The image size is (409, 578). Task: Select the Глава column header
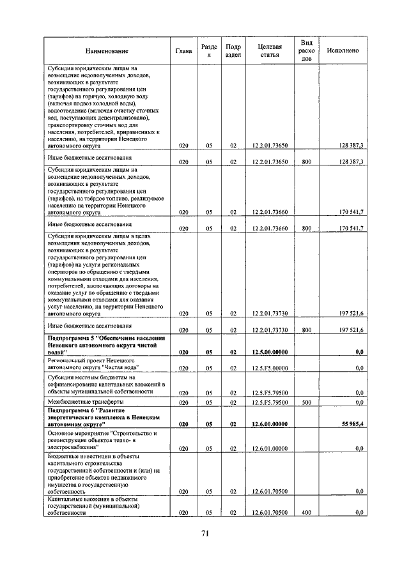[x=183, y=51]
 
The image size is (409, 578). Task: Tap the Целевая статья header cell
[x=269, y=51]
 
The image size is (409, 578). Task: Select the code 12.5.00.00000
[x=269, y=352]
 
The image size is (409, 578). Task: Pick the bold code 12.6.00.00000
[x=269, y=424]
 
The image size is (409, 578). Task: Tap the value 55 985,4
[x=351, y=424]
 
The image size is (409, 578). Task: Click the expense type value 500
[x=306, y=402]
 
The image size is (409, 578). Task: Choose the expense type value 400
[x=306, y=512]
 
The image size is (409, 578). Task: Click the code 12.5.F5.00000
[x=269, y=368]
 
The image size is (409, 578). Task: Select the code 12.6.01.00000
[x=269, y=448]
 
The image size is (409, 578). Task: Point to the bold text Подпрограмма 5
[x=70, y=337]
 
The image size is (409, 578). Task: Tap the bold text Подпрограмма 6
[x=70, y=409]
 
